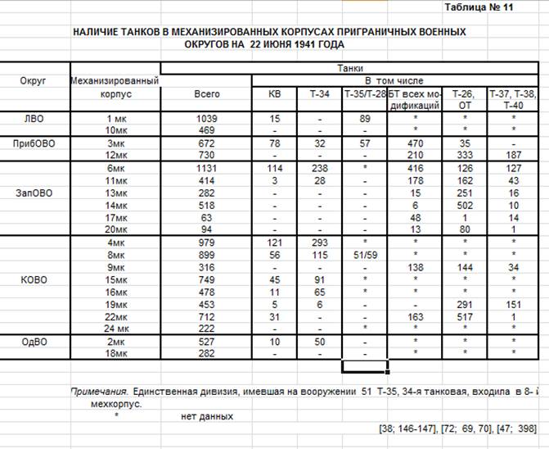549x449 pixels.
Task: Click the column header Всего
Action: [x=206, y=94]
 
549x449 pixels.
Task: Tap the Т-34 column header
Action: [x=320, y=94]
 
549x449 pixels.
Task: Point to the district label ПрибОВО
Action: [x=35, y=143]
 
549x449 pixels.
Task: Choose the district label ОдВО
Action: [x=35, y=340]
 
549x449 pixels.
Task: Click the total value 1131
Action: [x=206, y=167]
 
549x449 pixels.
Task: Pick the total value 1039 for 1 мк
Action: [x=206, y=118]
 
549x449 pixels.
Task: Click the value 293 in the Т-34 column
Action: [x=320, y=242]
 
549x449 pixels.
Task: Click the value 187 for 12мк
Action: [x=515, y=155]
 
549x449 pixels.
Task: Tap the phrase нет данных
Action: [x=206, y=415]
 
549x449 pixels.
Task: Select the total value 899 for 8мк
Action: [x=206, y=254]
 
